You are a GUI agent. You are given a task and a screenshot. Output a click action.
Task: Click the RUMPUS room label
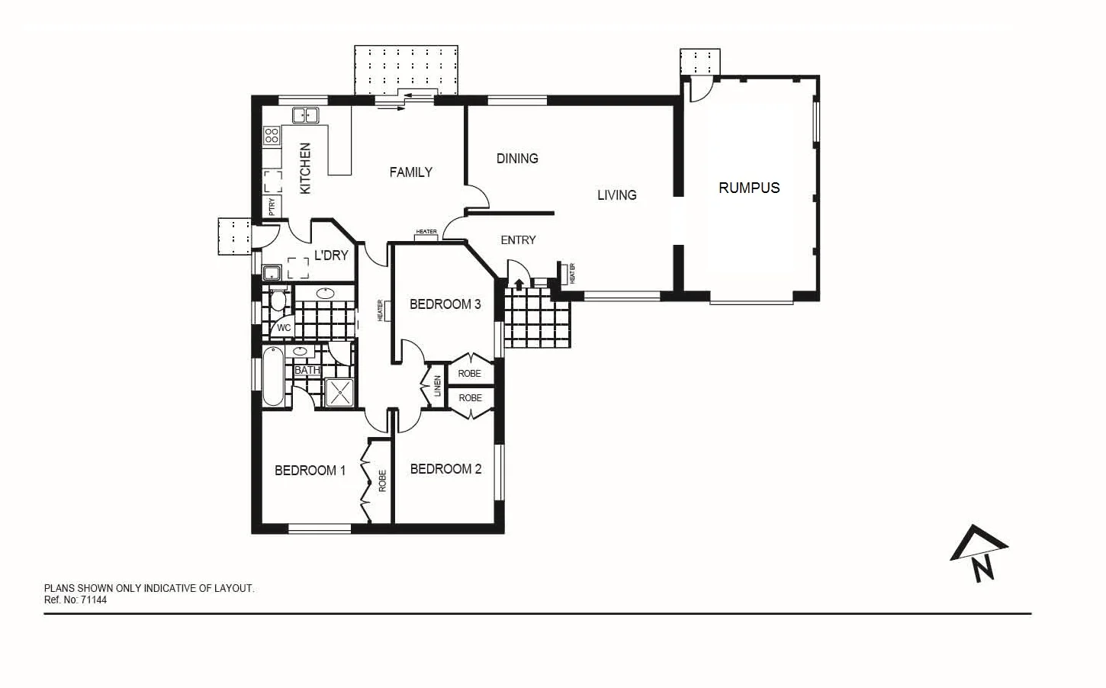pyautogui.click(x=749, y=188)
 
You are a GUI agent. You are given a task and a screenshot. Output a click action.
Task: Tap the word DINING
pyautogui.click(x=517, y=159)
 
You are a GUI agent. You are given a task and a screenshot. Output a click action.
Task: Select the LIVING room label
pyautogui.click(x=616, y=195)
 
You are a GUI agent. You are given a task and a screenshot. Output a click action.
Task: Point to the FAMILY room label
pyautogui.click(x=410, y=172)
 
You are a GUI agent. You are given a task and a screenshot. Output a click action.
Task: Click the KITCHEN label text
pyautogui.click(x=305, y=169)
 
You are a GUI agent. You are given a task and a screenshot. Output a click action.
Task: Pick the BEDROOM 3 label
pyautogui.click(x=445, y=304)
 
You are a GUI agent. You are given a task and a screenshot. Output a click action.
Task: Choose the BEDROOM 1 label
pyautogui.click(x=310, y=471)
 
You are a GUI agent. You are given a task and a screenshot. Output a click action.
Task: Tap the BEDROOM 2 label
pyautogui.click(x=445, y=469)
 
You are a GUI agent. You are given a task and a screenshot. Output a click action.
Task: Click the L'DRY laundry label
pyautogui.click(x=331, y=256)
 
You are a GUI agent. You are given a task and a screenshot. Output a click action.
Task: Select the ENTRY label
pyautogui.click(x=518, y=240)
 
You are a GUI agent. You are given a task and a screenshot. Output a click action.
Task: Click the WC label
pyautogui.click(x=284, y=328)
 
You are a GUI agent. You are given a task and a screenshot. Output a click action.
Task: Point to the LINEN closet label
pyautogui.click(x=438, y=386)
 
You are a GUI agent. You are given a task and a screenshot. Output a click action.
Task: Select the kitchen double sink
pyautogui.click(x=305, y=115)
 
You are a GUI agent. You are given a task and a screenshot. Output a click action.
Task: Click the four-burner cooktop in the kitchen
pyautogui.click(x=272, y=136)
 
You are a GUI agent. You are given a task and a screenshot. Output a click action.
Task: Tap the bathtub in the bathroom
pyautogui.click(x=272, y=377)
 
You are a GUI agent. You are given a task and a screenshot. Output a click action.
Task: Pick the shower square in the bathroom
pyautogui.click(x=339, y=392)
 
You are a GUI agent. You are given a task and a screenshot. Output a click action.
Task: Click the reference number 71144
pyautogui.click(x=94, y=600)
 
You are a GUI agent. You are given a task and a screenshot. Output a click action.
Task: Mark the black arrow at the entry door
pyautogui.click(x=519, y=285)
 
